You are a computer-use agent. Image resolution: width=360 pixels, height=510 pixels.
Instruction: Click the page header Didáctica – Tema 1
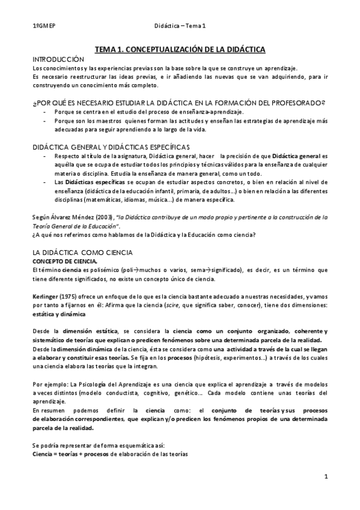click(180, 25)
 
